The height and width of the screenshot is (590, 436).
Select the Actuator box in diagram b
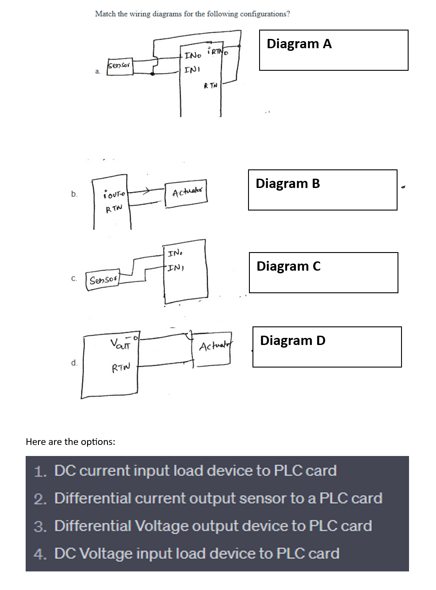187,193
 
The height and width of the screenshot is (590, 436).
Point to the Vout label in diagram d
120,343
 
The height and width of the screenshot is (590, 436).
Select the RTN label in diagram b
114,208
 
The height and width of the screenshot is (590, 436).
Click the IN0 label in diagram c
174,253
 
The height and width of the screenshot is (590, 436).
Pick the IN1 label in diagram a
192,70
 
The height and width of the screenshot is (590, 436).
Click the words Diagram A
299,44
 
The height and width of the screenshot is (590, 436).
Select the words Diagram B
287,184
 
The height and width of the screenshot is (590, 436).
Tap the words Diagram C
288,266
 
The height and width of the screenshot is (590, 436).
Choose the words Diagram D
292,341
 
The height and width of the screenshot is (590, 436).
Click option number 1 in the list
40,471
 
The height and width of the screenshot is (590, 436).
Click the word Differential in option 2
92,498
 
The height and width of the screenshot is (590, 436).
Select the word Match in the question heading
105,14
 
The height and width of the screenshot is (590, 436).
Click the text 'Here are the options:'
70,442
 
